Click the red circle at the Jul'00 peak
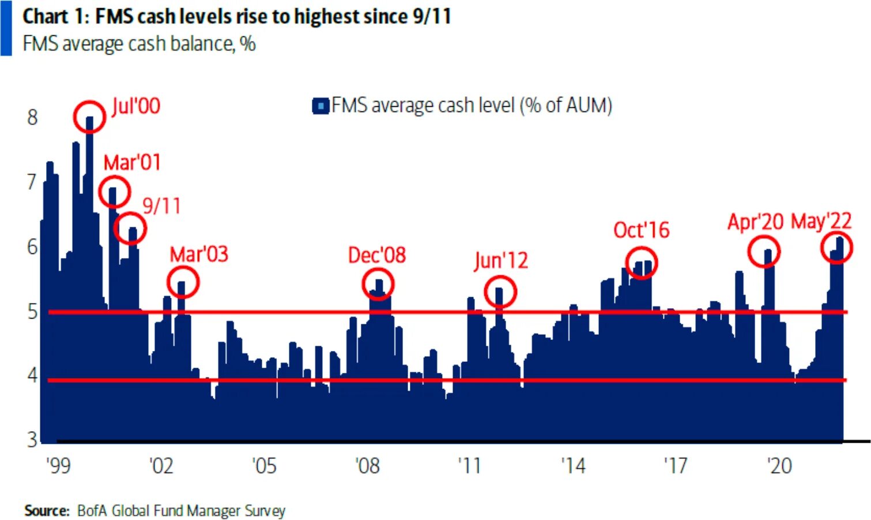(x=89, y=116)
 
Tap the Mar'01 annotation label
(x=131, y=163)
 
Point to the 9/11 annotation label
(x=161, y=205)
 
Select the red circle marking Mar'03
(x=183, y=282)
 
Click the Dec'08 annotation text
(x=377, y=255)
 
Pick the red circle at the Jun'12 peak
(x=500, y=291)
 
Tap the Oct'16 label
(x=641, y=230)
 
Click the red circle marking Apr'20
(x=764, y=251)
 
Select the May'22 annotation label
(x=821, y=221)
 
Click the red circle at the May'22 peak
(x=836, y=248)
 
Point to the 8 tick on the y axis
(x=32, y=117)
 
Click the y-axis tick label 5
(x=32, y=312)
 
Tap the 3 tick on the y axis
(x=32, y=440)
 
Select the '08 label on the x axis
(x=367, y=465)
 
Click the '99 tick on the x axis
(x=58, y=465)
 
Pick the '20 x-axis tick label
(x=779, y=465)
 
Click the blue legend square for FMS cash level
(x=320, y=106)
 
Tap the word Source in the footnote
(x=47, y=511)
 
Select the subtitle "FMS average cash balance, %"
(x=139, y=44)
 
